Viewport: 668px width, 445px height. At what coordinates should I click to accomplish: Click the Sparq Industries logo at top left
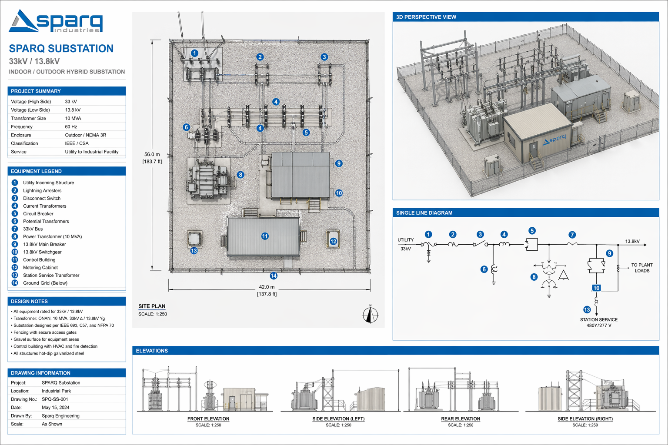tap(56, 21)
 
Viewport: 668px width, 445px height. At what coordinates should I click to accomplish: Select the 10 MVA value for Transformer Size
tap(73, 118)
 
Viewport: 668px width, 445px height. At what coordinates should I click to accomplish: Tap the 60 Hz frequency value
tap(71, 126)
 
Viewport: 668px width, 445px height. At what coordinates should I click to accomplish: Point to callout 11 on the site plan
tap(265, 236)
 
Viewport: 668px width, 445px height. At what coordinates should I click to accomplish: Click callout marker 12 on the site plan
tap(333, 242)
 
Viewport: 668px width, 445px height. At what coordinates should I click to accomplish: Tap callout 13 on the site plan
tap(194, 251)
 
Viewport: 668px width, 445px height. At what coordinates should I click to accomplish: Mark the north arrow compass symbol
tap(371, 314)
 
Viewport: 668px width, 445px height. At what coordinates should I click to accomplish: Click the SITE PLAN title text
tap(152, 306)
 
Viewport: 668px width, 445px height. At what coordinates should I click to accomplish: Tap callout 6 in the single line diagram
tap(484, 269)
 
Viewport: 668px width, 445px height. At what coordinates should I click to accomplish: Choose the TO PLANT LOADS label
tap(642, 268)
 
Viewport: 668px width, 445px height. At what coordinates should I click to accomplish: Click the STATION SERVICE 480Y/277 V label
tap(599, 322)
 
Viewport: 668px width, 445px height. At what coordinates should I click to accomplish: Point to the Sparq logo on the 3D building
tap(554, 139)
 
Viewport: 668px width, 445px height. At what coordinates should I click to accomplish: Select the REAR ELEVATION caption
tap(461, 419)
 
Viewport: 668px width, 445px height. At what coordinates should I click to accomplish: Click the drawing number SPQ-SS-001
tap(55, 399)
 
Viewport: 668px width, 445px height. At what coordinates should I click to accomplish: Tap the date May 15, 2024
tap(56, 408)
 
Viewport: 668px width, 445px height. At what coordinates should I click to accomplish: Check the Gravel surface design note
tap(45, 339)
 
